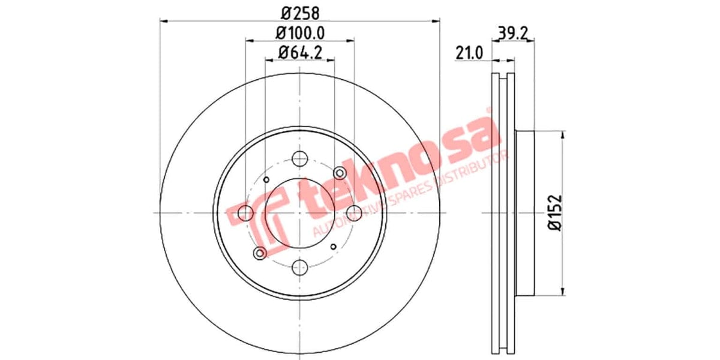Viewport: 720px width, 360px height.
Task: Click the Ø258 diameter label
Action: tap(301, 11)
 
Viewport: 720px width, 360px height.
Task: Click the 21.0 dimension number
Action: tap(469, 54)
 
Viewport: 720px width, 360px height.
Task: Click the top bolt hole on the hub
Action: tap(299, 159)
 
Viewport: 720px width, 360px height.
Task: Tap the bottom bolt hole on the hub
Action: tap(299, 268)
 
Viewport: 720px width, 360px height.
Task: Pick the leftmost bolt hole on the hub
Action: tap(245, 212)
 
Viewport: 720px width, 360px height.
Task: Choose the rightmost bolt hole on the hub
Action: tap(354, 212)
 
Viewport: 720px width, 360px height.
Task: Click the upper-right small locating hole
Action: tap(340, 174)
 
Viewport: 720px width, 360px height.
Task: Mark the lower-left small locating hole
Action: tap(260, 253)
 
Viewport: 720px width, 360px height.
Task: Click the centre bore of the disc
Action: tap(299, 213)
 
